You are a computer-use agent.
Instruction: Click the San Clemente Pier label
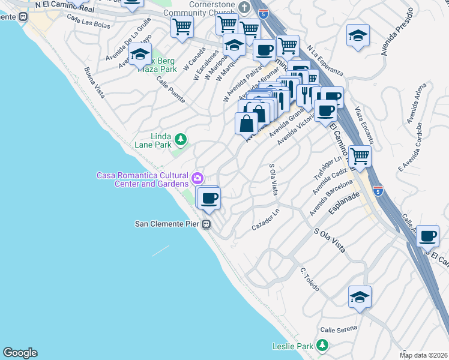click(166, 224)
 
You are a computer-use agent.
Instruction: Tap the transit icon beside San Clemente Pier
click(206, 224)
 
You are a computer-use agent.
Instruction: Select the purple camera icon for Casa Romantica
click(197, 178)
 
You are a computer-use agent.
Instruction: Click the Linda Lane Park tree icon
click(181, 140)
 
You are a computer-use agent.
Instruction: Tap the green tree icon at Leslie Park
click(323, 346)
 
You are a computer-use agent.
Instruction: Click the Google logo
click(20, 353)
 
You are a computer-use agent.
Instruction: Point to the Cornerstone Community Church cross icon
click(244, 8)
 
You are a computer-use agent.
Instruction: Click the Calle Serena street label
click(338, 328)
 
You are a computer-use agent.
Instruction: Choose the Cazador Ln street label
click(266, 222)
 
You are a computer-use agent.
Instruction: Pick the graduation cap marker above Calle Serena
click(360, 297)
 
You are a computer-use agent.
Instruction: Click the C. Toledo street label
click(312, 278)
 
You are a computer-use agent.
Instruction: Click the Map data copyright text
click(423, 355)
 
